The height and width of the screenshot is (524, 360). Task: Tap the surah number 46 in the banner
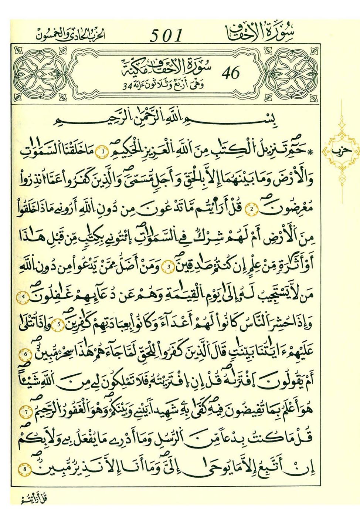click(x=231, y=73)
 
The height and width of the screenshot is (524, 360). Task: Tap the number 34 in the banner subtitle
click(x=127, y=87)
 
